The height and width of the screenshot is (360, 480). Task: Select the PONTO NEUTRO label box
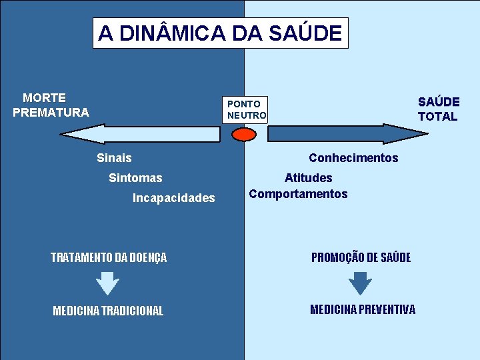tap(246, 110)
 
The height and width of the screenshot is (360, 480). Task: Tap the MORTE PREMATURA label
tap(50, 105)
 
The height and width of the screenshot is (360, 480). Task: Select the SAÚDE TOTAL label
tap(438, 109)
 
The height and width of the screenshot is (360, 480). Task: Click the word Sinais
tap(114, 158)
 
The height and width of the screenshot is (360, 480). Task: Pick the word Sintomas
tap(135, 178)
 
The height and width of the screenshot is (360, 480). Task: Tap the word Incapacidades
tap(173, 198)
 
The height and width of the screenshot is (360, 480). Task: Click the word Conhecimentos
tap(353, 158)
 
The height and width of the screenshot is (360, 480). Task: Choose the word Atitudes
tap(308, 178)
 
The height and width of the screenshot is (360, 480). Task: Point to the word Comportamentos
tap(298, 194)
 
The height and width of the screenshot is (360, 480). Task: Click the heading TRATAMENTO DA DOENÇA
tap(109, 257)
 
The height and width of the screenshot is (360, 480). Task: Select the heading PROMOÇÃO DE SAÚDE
tap(361, 257)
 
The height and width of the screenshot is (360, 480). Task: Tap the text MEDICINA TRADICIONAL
tap(107, 311)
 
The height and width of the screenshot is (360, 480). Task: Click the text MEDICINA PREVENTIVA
tap(362, 309)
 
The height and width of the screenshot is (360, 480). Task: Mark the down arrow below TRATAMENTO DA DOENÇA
tap(107, 283)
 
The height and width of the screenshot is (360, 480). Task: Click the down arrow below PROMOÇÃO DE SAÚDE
tap(360, 283)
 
